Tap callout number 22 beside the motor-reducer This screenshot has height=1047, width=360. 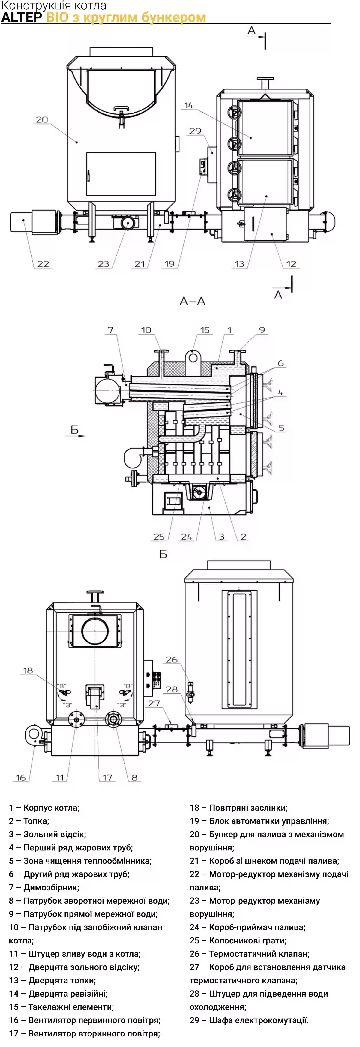click(43, 264)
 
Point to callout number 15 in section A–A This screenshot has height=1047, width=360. click(205, 330)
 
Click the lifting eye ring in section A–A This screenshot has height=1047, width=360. click(193, 358)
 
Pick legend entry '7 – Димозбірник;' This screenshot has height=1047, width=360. click(44, 887)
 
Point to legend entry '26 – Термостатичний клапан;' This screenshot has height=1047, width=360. click(250, 954)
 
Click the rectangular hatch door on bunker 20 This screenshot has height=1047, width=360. click(121, 174)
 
